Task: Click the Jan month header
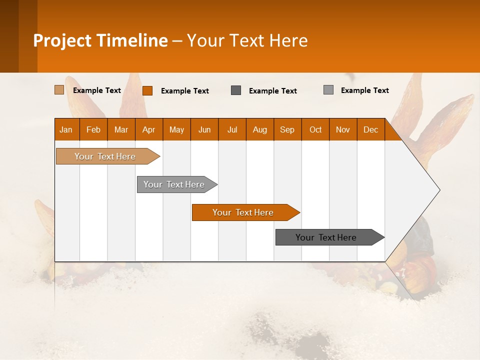[66, 129]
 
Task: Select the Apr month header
[148, 129]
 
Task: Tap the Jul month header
[232, 129]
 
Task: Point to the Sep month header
[287, 129]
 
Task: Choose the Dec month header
[370, 129]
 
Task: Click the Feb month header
[93, 129]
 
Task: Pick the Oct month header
[315, 129]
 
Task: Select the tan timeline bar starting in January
[105, 156]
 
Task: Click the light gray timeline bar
[174, 184]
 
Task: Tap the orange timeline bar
[243, 212]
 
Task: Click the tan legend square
[59, 90]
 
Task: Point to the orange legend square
[147, 90]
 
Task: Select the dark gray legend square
[236, 90]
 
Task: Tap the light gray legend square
[328, 90]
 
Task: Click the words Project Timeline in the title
[100, 40]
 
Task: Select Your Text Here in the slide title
[247, 40]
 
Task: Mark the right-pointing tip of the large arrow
[438, 190]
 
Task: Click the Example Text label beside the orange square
[185, 91]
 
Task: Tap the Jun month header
[204, 129]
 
